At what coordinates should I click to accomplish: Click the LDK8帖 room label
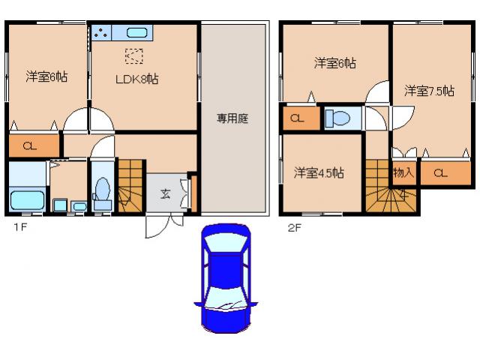point(136,78)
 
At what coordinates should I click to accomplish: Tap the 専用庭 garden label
point(232,118)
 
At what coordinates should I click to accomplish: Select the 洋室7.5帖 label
point(429,91)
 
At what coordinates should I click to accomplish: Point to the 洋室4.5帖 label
point(319,172)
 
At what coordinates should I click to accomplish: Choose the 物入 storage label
point(403,173)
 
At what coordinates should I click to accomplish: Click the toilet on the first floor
point(103,194)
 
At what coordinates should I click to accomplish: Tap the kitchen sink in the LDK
point(136,32)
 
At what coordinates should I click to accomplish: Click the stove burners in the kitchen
point(101,32)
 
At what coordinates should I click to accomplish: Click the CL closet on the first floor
point(31,145)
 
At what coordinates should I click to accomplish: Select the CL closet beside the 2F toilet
point(298,118)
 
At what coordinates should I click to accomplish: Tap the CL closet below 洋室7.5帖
point(440,173)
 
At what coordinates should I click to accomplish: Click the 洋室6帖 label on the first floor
point(46,76)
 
